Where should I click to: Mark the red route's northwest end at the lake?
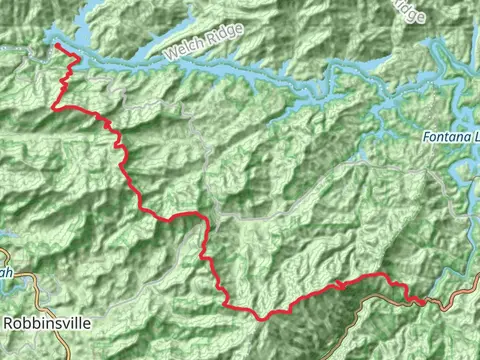click(x=56, y=45)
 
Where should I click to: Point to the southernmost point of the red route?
click(x=262, y=319)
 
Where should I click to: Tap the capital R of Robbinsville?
click(x=10, y=324)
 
